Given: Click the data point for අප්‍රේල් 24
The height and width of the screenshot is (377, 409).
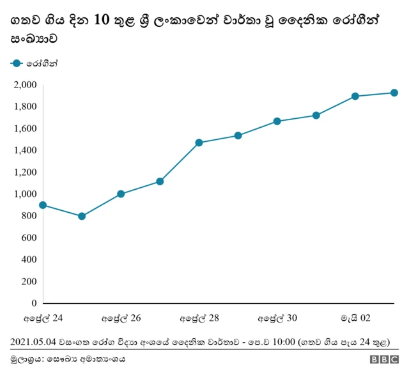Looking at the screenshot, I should [43, 205].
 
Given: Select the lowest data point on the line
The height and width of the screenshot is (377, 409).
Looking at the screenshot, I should [82, 216].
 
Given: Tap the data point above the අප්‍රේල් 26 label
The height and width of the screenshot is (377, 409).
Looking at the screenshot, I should [121, 194].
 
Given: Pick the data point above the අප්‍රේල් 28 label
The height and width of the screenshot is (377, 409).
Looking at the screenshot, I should [199, 142].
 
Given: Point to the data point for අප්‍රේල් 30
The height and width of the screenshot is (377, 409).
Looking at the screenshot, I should [277, 121].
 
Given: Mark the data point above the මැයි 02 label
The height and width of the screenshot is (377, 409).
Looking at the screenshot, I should [355, 96].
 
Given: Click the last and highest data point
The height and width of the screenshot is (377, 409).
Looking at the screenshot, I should [394, 93].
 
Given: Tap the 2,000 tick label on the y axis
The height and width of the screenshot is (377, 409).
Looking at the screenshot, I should [25, 85].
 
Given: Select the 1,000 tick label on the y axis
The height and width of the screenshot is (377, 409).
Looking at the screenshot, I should [25, 194].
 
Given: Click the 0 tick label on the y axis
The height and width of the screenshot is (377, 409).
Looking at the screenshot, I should [34, 303].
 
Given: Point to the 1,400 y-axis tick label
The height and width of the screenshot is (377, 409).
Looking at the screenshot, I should [25, 150].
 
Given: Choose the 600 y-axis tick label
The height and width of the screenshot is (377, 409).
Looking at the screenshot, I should [28, 238].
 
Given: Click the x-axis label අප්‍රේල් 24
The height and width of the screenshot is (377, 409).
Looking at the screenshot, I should [43, 318].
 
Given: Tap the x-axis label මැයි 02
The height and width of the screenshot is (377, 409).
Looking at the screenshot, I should [355, 318].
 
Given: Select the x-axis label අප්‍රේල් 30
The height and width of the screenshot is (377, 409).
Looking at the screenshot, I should [277, 318].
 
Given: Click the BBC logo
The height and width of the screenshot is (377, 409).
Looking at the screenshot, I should [383, 360].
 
